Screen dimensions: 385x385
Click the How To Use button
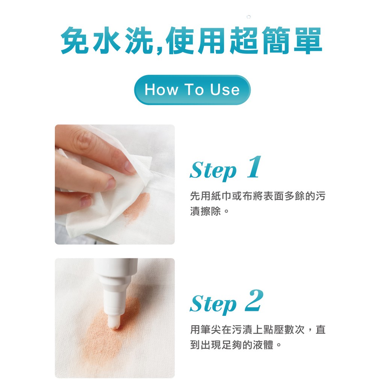pyautogui.click(x=192, y=90)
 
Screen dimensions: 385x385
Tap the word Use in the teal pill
pyautogui.click(x=225, y=89)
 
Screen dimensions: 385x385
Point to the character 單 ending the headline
pyautogui.click(x=308, y=40)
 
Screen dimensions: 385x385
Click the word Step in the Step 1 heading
pyautogui.click(x=213, y=171)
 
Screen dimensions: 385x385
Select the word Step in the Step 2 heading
pyautogui.click(x=213, y=305)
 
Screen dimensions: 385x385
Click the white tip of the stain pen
pyautogui.click(x=114, y=322)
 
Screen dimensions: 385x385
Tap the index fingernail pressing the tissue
pyautogui.click(x=130, y=167)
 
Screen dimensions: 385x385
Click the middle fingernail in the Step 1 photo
pyautogui.click(x=111, y=184)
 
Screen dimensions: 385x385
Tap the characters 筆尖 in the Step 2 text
pyautogui.click(x=211, y=329)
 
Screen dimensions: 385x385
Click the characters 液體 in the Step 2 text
pyautogui.click(x=263, y=345)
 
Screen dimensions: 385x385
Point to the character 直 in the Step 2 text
pyautogui.click(x=320, y=329)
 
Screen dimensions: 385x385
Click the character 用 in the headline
pyautogui.click(x=211, y=40)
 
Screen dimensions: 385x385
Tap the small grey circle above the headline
pyautogui.click(x=249, y=17)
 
